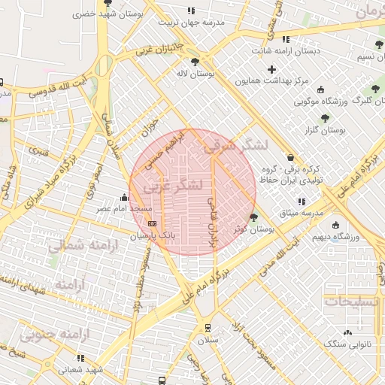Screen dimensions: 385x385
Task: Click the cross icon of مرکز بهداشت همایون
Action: (x=271, y=68)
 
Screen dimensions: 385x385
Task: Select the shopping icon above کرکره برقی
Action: (x=290, y=158)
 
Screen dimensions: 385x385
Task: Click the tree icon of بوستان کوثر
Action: (x=253, y=217)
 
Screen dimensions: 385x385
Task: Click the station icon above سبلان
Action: (x=207, y=328)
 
